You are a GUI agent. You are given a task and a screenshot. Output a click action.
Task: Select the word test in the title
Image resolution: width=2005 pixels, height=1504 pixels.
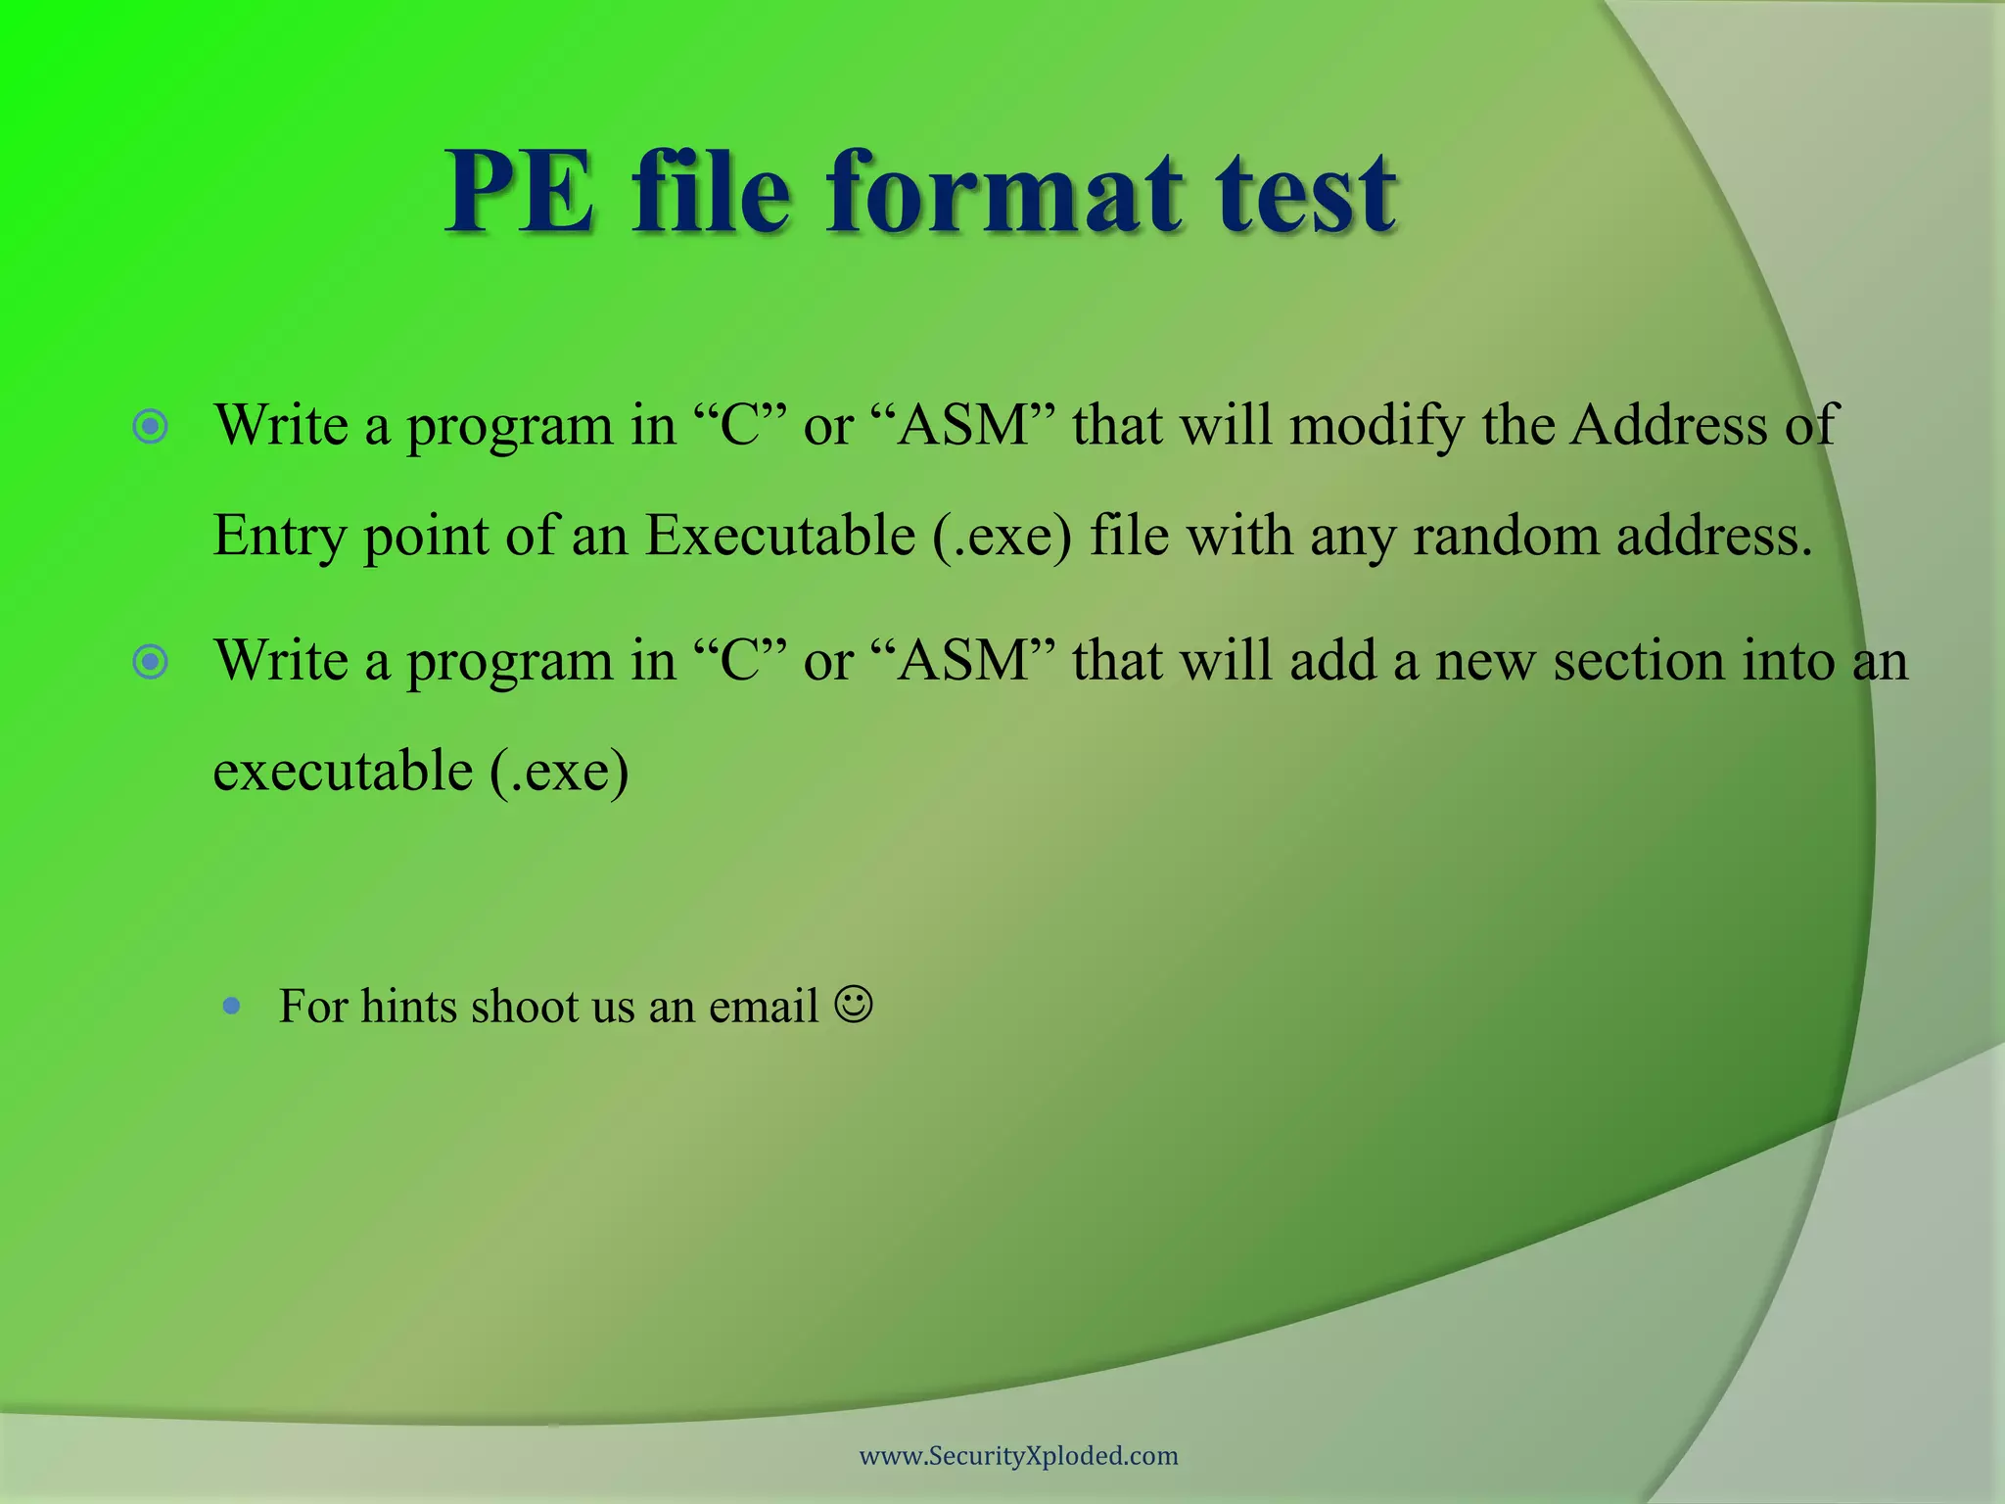pos(1306,193)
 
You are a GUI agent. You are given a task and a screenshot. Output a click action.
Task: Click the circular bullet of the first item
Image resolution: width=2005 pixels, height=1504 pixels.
pos(151,427)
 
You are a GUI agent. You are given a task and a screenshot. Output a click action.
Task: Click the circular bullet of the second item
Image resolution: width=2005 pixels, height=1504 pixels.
pos(151,663)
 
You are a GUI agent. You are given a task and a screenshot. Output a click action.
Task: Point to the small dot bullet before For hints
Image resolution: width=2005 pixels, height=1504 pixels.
pos(232,1006)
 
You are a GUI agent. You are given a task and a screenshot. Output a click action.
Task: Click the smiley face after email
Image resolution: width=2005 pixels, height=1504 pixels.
pos(854,1005)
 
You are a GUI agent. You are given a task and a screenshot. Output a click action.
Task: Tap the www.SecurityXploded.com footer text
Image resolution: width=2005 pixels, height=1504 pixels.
pos(1018,1455)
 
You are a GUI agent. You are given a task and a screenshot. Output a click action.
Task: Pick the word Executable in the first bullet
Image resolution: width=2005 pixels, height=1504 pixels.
pos(779,537)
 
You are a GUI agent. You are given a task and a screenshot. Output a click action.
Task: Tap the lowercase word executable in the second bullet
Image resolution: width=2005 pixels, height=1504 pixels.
pos(343,771)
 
